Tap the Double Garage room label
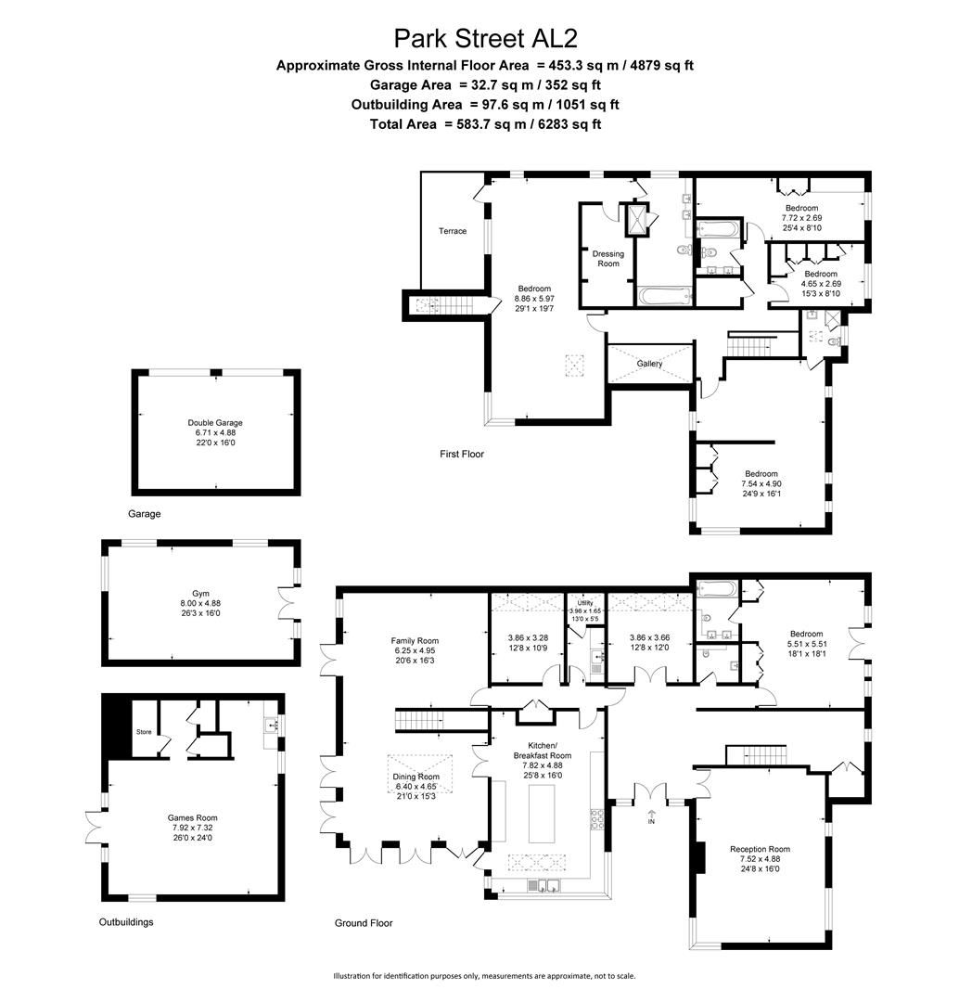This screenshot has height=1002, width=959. [x=214, y=423]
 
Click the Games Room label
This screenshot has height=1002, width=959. [x=191, y=817]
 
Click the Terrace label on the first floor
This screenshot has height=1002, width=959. [x=453, y=231]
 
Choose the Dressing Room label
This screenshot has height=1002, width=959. [x=607, y=258]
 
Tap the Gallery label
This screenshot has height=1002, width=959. [x=649, y=364]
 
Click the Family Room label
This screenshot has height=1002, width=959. [x=414, y=641]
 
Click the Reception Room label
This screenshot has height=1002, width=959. [x=760, y=849]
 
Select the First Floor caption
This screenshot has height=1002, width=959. [x=462, y=454]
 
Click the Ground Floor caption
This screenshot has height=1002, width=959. [x=363, y=923]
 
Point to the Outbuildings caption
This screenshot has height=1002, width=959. [x=126, y=922]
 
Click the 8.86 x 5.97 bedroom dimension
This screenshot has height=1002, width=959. [x=533, y=299]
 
